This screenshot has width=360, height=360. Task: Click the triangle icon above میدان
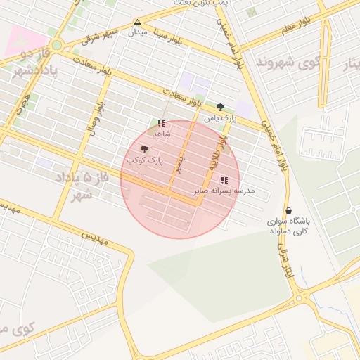[137, 22]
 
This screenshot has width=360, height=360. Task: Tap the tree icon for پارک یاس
[221, 107]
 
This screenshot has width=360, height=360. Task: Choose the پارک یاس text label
[218, 119]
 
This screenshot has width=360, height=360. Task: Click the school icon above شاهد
[162, 123]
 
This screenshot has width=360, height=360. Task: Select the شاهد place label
[162, 134]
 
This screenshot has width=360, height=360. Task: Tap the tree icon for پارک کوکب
[145, 149]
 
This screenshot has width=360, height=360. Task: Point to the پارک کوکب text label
[144, 161]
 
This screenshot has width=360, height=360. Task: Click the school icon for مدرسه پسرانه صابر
[224, 180]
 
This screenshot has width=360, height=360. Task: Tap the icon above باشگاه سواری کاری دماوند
[288, 210]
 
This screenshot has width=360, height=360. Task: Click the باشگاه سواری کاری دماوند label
[288, 225]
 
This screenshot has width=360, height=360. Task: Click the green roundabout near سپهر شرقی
[57, 46]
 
